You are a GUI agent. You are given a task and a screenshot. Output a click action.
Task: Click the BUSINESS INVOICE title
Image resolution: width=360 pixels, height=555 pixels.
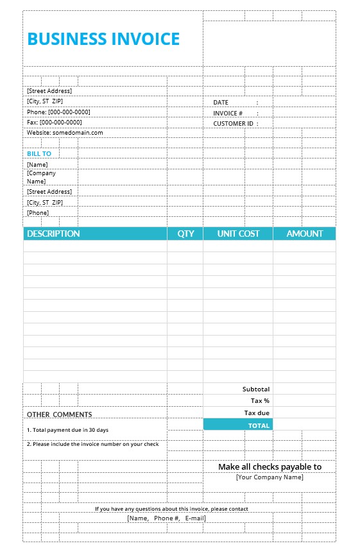click(103, 39)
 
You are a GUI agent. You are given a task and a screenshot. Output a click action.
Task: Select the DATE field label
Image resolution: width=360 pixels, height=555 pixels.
click(221, 103)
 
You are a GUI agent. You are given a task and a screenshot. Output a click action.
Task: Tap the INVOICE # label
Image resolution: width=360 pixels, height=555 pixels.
click(228, 113)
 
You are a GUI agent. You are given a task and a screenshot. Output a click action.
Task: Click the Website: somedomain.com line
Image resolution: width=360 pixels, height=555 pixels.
click(65, 133)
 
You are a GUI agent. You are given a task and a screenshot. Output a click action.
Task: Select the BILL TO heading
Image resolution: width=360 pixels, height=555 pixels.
click(39, 154)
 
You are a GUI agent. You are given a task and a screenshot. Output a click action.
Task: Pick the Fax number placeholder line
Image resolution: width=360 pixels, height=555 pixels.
click(55, 122)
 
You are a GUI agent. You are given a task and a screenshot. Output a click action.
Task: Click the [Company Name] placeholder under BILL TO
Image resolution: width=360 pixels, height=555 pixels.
click(41, 177)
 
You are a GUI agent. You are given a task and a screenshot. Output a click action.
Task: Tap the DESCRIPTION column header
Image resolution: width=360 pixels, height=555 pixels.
click(53, 234)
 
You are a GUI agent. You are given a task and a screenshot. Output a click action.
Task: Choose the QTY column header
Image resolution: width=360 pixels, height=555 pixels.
click(185, 234)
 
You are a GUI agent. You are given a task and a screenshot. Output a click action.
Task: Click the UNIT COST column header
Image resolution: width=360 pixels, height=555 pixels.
click(238, 234)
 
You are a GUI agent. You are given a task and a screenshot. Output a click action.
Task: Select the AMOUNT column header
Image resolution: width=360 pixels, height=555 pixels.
click(305, 234)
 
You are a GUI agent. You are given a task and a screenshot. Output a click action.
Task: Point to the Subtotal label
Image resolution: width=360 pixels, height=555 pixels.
click(256, 389)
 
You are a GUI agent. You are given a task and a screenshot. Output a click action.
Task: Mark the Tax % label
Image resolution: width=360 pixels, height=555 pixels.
click(260, 401)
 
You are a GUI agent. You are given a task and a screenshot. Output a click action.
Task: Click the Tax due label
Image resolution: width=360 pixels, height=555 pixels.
click(257, 413)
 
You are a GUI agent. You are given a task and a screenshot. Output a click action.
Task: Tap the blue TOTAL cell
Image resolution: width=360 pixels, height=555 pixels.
click(238, 425)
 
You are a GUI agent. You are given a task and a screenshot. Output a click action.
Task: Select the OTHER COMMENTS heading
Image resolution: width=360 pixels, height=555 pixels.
click(59, 414)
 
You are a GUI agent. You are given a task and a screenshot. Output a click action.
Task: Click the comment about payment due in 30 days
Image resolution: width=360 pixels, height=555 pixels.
click(67, 430)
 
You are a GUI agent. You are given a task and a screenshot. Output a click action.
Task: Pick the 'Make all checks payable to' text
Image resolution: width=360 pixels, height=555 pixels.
click(270, 467)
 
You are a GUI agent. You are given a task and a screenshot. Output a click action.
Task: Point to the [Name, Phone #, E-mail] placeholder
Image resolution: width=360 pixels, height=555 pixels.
click(166, 518)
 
